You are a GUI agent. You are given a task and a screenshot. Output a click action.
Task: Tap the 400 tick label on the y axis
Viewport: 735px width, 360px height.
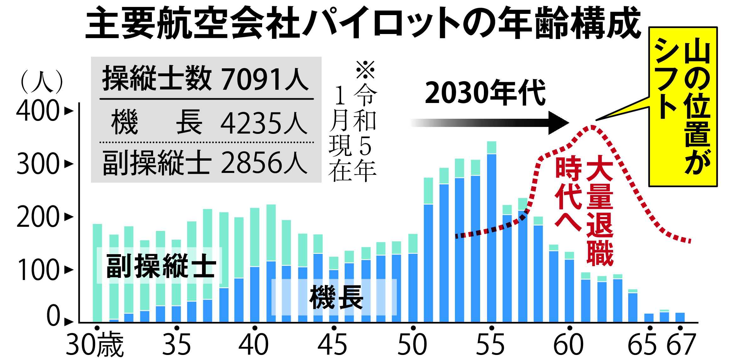pyautogui.click(x=38, y=111)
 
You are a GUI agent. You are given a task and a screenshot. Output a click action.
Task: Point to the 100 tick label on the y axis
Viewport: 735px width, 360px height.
pyautogui.click(x=38, y=270)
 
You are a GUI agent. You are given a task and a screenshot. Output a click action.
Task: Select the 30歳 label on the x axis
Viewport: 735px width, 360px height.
pyautogui.click(x=95, y=345)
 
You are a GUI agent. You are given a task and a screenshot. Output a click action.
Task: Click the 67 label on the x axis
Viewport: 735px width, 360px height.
pyautogui.click(x=680, y=345)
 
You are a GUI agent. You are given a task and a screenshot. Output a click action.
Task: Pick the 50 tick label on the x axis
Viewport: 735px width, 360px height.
pyautogui.click(x=412, y=345)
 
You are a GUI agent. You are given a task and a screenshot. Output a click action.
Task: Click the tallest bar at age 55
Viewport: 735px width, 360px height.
pyautogui.click(x=491, y=233)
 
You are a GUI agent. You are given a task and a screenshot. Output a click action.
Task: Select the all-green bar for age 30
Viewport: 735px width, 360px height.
pyautogui.click(x=97, y=273)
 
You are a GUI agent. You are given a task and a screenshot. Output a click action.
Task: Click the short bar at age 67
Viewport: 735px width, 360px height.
pyautogui.click(x=680, y=317)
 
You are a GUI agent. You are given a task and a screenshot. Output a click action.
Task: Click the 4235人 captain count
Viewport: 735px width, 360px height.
pyautogui.click(x=263, y=123)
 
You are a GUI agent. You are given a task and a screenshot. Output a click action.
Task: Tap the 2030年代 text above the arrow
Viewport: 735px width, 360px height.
pyautogui.click(x=485, y=93)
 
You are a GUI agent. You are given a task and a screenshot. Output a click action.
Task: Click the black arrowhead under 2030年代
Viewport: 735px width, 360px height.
pyautogui.click(x=558, y=123)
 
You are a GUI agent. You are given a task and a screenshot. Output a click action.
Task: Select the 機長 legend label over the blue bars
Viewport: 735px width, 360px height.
pyautogui.click(x=336, y=297)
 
